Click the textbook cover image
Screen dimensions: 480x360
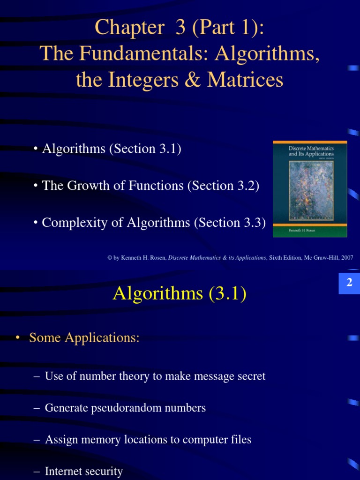[x=310, y=188]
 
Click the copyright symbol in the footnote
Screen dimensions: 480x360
[x=109, y=258]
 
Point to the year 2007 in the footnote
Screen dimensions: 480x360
[x=346, y=258]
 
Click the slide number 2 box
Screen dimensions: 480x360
[x=349, y=283]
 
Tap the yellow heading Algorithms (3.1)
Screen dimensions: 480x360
[x=180, y=294]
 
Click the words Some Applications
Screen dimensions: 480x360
[x=84, y=337]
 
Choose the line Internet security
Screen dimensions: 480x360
[x=83, y=472]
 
